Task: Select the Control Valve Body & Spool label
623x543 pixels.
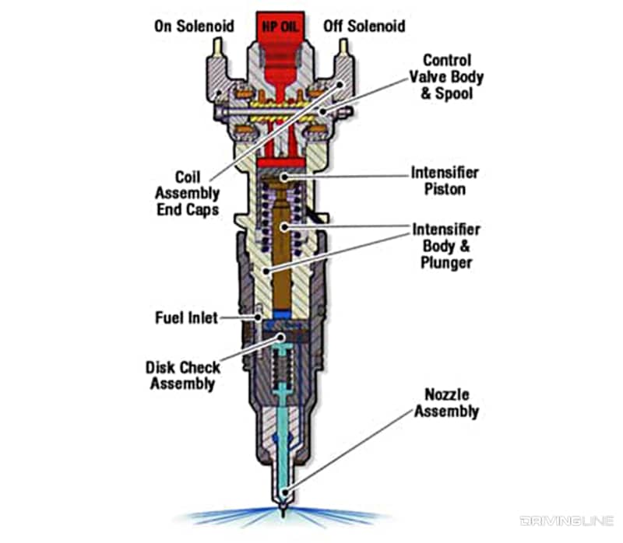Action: [x=447, y=76]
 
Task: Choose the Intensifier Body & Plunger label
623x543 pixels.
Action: [x=446, y=247]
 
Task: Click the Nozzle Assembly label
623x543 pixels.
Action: [x=446, y=403]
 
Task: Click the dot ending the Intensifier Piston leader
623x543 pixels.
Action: [x=286, y=177]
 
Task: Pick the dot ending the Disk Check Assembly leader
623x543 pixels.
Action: [x=279, y=335]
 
